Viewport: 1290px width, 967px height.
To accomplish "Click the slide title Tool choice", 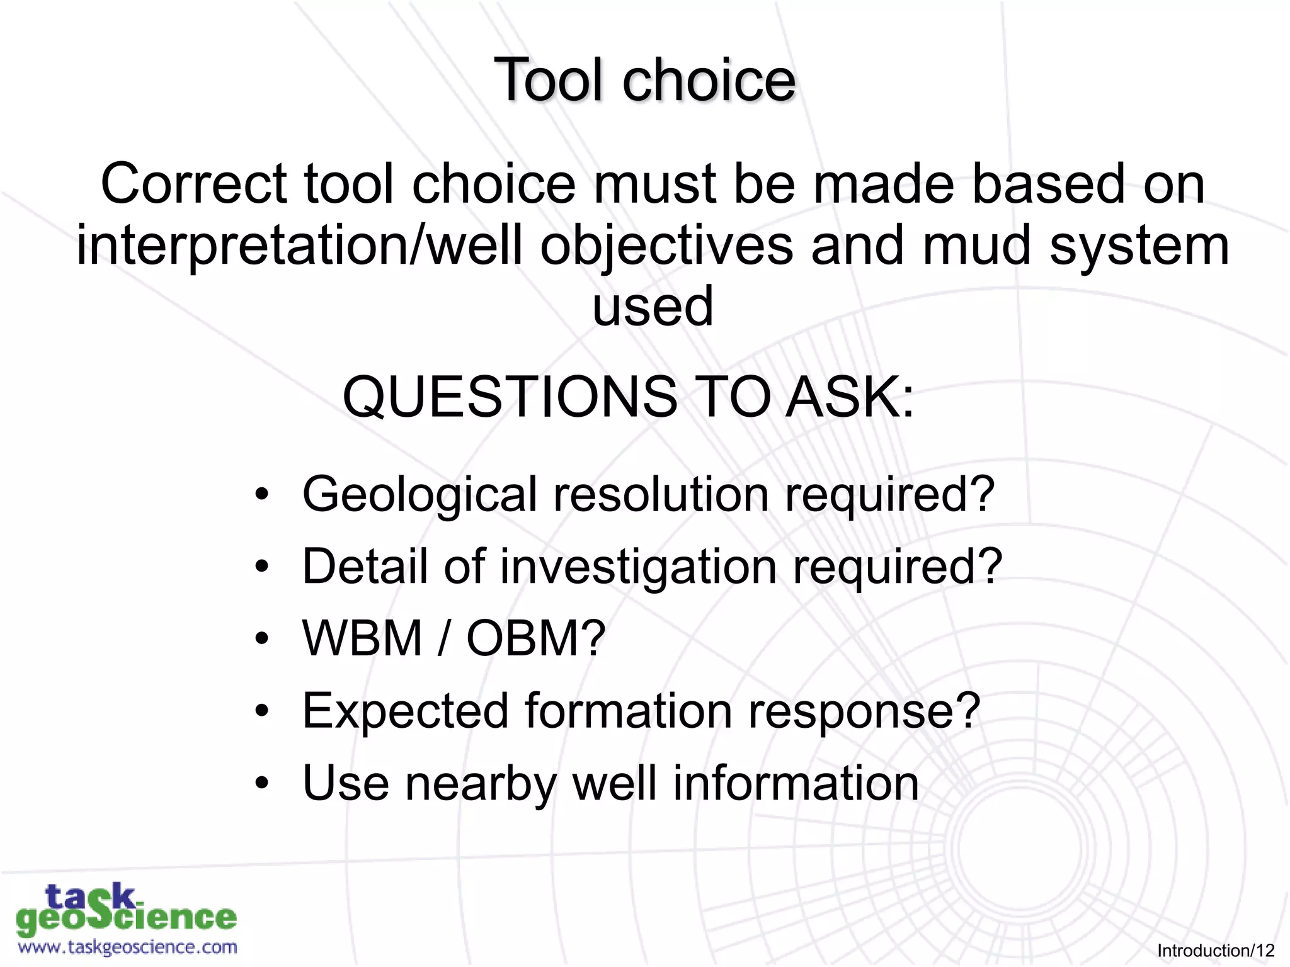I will click(644, 80).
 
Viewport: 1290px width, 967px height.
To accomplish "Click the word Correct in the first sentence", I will click(193, 184).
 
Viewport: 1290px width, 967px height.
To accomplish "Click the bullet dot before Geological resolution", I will click(262, 495).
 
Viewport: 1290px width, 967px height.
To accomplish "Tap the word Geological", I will click(419, 495).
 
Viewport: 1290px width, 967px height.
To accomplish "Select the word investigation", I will click(638, 567).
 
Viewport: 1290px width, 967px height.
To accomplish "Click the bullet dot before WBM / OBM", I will click(262, 639).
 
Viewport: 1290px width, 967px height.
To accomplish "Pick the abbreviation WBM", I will click(362, 638).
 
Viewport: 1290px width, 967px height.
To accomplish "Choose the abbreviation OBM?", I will click(535, 638).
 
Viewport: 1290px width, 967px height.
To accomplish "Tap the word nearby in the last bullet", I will click(481, 784).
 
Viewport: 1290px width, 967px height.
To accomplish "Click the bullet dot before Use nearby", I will click(262, 784).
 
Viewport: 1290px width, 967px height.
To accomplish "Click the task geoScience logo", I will click(126, 909).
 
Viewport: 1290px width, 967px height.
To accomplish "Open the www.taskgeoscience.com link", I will click(128, 947).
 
